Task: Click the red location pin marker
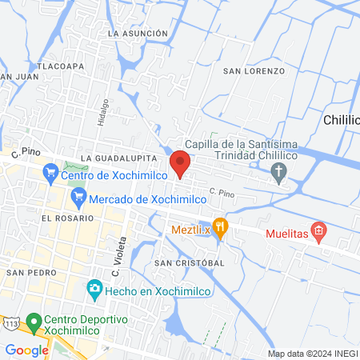(x=181, y=162)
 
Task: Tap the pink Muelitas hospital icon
(x=318, y=233)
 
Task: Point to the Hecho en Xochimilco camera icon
(x=95, y=289)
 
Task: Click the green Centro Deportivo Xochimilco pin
(x=34, y=322)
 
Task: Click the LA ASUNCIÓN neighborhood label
(x=138, y=34)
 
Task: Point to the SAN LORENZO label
(x=254, y=71)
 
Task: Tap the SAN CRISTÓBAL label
(x=190, y=262)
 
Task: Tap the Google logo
(x=26, y=350)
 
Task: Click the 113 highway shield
(x=10, y=322)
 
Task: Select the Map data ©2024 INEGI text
(x=311, y=354)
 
